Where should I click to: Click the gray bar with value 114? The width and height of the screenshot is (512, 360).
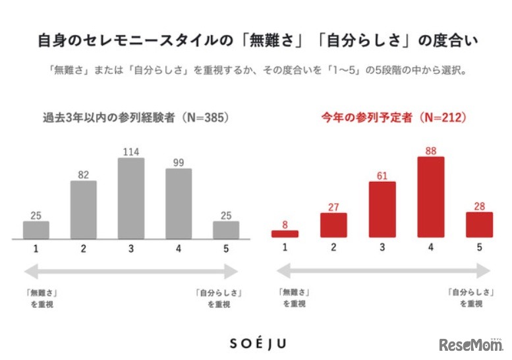[131, 198]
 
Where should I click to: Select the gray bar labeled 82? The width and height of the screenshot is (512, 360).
[84, 209]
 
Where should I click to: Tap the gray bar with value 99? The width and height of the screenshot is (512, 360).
[179, 203]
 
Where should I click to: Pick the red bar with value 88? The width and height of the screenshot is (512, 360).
[431, 196]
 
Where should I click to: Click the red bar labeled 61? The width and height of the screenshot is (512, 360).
[382, 209]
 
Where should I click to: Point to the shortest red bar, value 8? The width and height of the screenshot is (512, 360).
[285, 233]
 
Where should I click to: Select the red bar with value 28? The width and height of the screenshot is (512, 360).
[479, 224]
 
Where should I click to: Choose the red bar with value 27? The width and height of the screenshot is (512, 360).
[333, 225]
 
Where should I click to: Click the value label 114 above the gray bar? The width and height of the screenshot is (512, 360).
[131, 152]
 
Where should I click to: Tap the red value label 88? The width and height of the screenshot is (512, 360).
[431, 151]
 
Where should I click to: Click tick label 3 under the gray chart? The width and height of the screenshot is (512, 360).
[131, 249]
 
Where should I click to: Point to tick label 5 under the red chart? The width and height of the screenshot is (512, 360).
[479, 247]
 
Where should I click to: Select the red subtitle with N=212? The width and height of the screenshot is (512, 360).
[394, 118]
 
